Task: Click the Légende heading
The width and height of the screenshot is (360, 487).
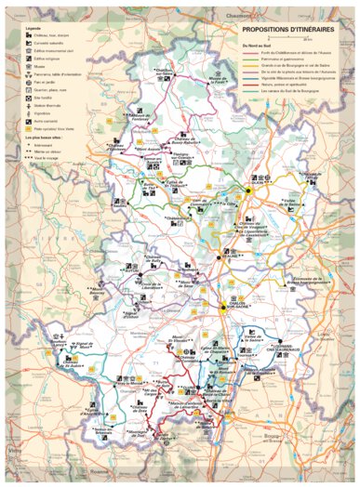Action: [x=35, y=29]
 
